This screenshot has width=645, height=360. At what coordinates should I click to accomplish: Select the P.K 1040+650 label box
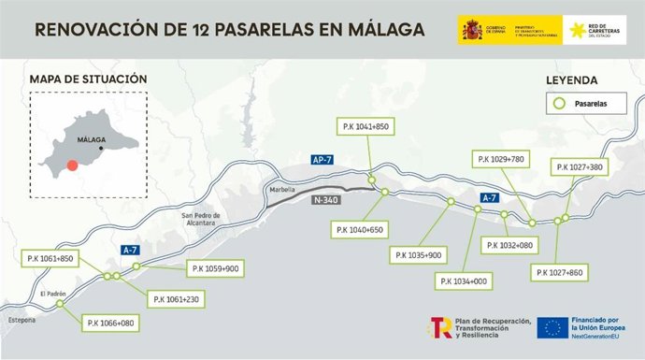pos(358,229)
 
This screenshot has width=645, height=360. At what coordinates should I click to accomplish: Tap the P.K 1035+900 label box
pos(419,254)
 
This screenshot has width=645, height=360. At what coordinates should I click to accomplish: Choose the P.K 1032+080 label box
pos(510,245)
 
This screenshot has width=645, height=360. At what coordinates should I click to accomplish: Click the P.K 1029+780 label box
pos(503,160)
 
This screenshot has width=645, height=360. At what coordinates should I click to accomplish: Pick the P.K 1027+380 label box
pos(582,167)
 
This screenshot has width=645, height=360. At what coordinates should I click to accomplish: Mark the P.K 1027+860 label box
pos(560,272)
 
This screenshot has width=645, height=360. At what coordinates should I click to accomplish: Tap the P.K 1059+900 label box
pos(215,268)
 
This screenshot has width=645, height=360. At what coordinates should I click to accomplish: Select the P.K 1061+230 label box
pos(175,299)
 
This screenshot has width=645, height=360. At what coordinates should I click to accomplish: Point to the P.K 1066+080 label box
pos(110,323)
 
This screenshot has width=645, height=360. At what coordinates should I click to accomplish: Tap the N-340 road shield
pos(322,198)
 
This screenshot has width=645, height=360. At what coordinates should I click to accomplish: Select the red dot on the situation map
pos(72,166)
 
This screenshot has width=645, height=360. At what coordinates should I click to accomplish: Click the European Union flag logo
pos(550,327)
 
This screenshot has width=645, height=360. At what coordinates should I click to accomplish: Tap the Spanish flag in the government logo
pos(470,30)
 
